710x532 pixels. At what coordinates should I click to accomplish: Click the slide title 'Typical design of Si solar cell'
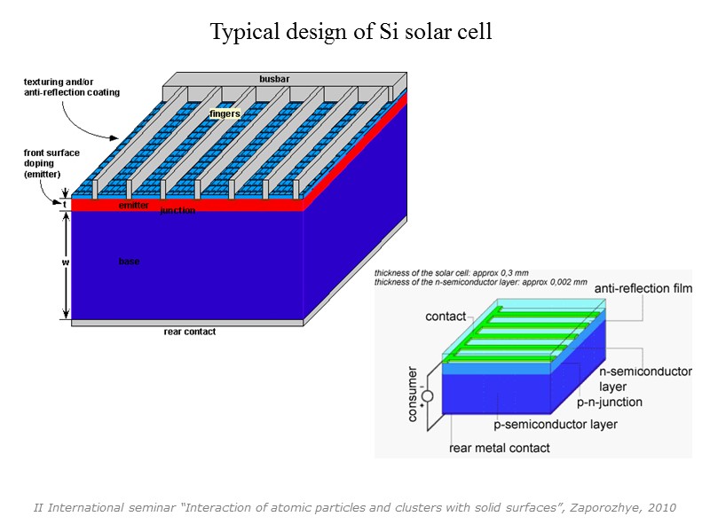pos(351,33)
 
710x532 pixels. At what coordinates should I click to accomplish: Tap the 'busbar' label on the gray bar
pos(274,79)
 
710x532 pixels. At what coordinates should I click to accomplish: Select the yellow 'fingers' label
pos(225,113)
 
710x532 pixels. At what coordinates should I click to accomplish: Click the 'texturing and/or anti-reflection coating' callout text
pos(72,87)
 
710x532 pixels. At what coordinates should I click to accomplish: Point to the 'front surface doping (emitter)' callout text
pos(51,164)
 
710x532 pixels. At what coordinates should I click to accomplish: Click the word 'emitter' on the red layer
pos(134,205)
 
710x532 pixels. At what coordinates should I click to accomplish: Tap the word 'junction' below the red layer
pos(177,211)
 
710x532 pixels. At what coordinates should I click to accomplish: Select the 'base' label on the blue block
pos(129,262)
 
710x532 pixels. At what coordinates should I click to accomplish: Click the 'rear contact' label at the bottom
pos(189,332)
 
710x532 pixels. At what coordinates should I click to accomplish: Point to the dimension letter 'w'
pos(65,262)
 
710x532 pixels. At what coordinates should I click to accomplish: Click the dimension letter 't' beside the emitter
pos(65,205)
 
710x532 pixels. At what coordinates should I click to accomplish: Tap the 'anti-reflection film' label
pos(643,288)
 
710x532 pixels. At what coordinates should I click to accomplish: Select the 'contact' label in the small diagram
pos(446,317)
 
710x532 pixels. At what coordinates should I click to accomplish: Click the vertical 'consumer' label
pos(413,394)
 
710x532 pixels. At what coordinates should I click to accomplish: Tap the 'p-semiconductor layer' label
pos(556,425)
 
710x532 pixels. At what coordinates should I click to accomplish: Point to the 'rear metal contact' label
pos(501,448)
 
